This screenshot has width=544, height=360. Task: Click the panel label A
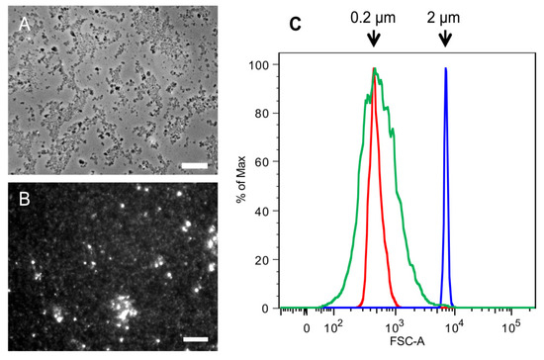point(24,24)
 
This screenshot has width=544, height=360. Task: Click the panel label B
point(24,195)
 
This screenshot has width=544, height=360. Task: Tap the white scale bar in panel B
point(197,340)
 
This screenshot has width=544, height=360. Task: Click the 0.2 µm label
point(373,16)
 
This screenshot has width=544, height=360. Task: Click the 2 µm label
point(444,16)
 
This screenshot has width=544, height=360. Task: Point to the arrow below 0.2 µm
point(373,39)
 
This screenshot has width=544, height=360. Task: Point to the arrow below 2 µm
point(445,39)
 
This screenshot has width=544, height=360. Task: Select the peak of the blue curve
point(446,69)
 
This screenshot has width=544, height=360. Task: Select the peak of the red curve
point(375,69)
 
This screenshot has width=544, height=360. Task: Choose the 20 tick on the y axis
point(267,259)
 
